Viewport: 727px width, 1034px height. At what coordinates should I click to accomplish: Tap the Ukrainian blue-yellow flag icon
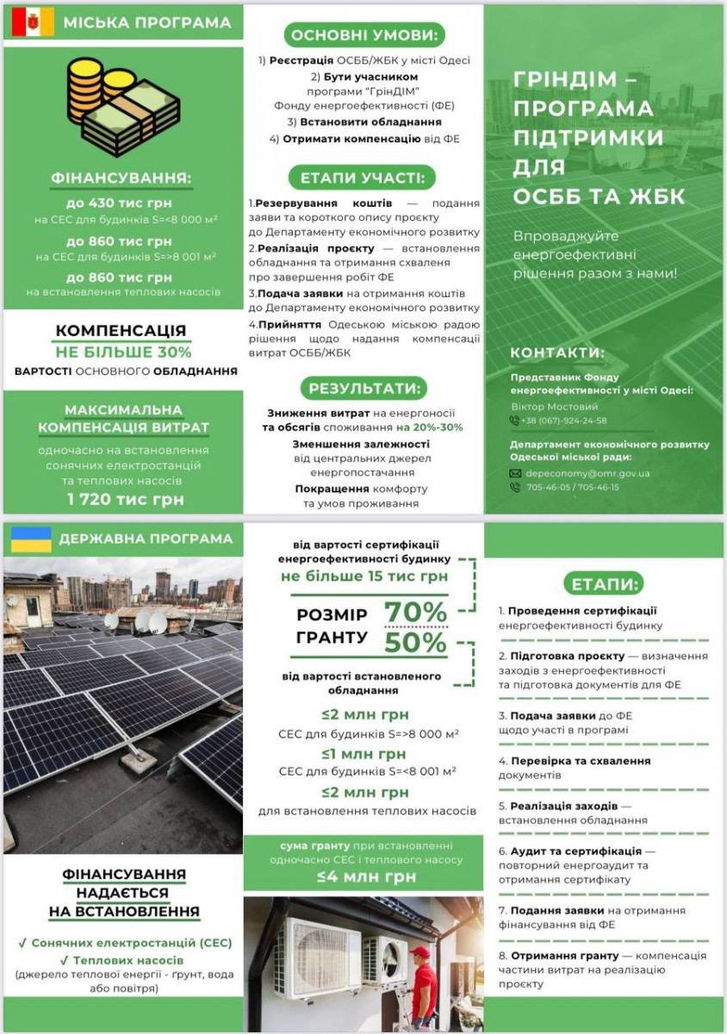click(31, 539)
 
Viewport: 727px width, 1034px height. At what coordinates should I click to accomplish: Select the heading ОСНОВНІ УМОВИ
click(363, 34)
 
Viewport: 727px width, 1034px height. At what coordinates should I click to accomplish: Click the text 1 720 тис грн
click(125, 499)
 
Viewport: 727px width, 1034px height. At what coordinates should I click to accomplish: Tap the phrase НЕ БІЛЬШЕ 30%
click(123, 352)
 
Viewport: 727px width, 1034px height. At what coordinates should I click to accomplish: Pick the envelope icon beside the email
click(515, 473)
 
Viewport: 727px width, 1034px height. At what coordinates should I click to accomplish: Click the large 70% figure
click(415, 612)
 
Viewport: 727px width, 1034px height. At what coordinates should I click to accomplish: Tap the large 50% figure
click(415, 643)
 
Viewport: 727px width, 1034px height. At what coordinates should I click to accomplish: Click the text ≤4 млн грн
click(365, 876)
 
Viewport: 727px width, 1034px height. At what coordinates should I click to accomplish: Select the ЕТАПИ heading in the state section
click(603, 583)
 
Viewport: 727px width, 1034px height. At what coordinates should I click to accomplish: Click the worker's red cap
click(419, 952)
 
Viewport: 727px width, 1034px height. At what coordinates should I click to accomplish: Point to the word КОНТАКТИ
click(557, 353)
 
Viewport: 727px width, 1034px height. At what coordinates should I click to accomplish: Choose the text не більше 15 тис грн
click(364, 576)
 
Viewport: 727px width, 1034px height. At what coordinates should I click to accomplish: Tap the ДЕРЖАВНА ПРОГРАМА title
click(146, 539)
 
